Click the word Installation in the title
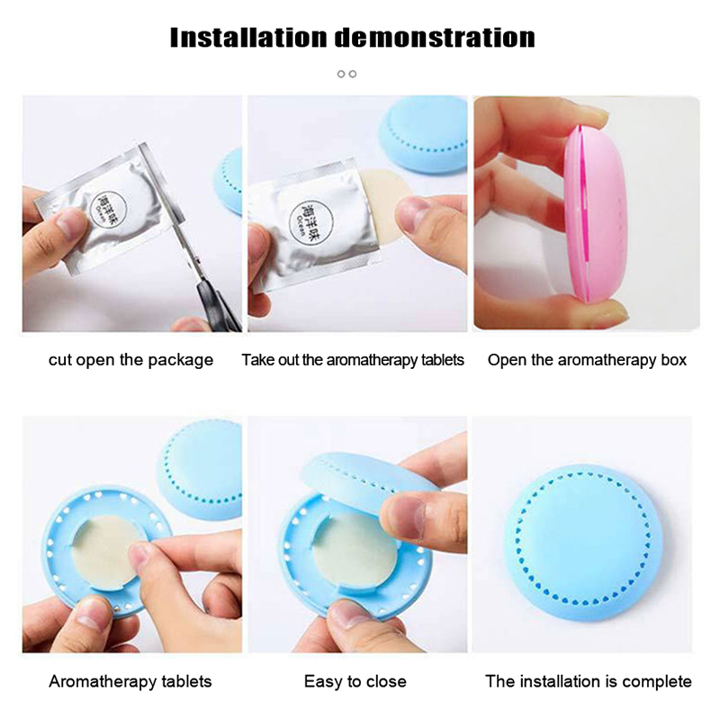coord(248,38)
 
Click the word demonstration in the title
coord(435,38)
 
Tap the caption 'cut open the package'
coord(130,360)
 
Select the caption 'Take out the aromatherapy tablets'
coord(353,360)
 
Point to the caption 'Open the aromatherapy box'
coord(587,360)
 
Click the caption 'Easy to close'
coord(355,681)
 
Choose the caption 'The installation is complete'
coord(589,681)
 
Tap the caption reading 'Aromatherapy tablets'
coord(130,681)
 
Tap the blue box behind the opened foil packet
coord(423,134)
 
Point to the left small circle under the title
coord(341,74)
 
